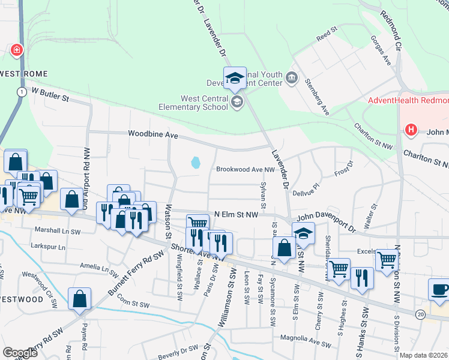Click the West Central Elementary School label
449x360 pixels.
point(204,103)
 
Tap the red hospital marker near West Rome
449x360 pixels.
point(16,50)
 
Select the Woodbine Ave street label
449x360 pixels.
point(153,136)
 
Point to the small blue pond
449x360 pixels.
point(195,162)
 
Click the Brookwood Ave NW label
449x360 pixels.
point(245,170)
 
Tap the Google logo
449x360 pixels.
point(20,353)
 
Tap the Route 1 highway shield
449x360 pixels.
point(22,92)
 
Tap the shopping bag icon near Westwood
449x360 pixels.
point(80,299)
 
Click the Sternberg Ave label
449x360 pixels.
point(317,96)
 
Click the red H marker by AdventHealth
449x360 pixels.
point(411,129)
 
